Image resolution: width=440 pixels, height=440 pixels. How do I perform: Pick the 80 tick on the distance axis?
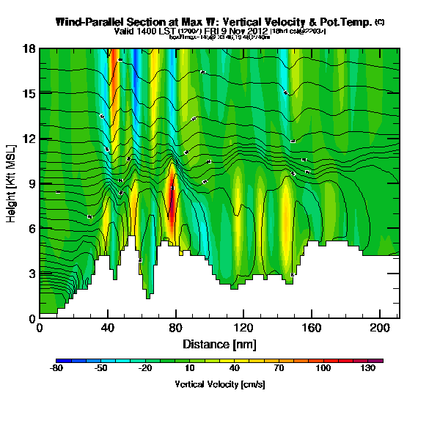click(x=175, y=327)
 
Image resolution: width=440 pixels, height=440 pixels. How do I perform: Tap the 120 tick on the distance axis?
click(x=243, y=327)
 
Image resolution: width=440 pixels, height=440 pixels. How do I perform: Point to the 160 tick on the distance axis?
click(x=311, y=327)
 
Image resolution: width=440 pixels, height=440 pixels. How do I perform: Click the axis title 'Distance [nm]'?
click(x=219, y=343)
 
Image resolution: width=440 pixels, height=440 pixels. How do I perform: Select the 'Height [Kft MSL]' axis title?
click(x=12, y=184)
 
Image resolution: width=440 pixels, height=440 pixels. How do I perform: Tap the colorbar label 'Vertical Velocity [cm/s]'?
click(x=219, y=384)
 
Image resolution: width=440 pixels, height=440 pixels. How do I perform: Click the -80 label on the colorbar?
click(x=56, y=370)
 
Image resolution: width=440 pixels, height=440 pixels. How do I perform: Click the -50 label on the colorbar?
click(x=101, y=370)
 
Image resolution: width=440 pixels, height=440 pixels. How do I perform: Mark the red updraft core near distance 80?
click(x=172, y=202)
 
